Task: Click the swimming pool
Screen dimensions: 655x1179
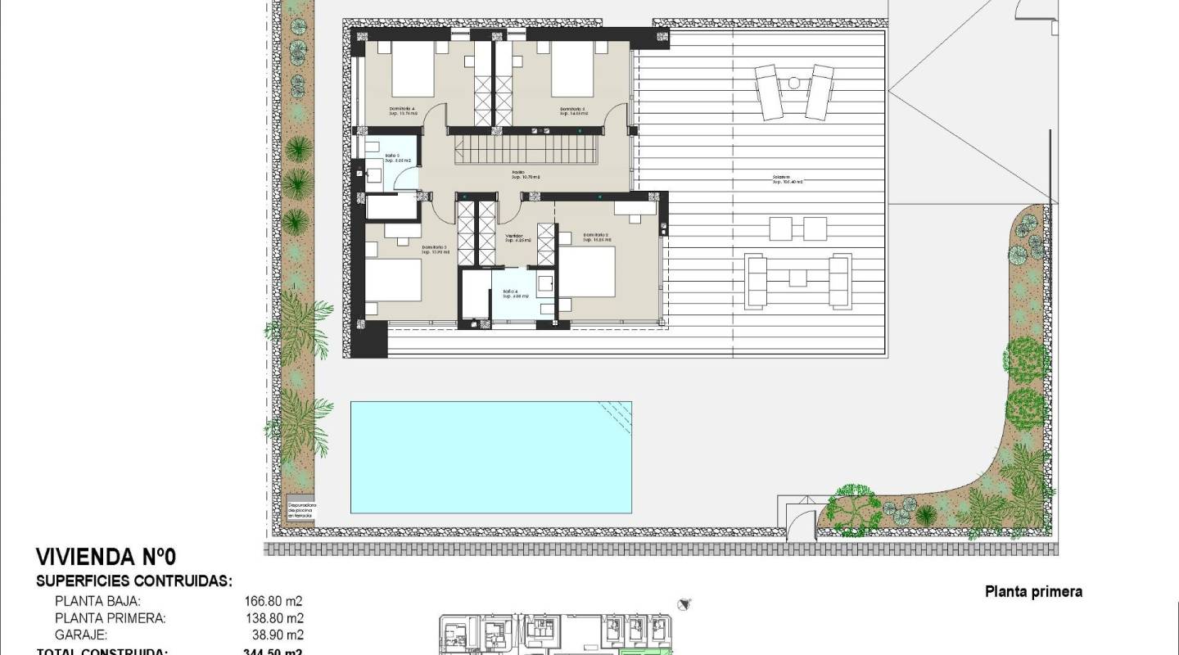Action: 491,456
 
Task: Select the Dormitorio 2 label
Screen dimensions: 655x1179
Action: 597,237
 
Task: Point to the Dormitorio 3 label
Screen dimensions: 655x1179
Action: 436,249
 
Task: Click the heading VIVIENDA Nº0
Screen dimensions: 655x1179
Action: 106,558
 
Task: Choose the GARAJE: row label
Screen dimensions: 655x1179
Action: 82,635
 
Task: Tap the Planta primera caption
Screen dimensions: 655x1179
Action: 1033,591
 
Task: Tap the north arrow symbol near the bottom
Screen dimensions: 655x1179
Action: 685,604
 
